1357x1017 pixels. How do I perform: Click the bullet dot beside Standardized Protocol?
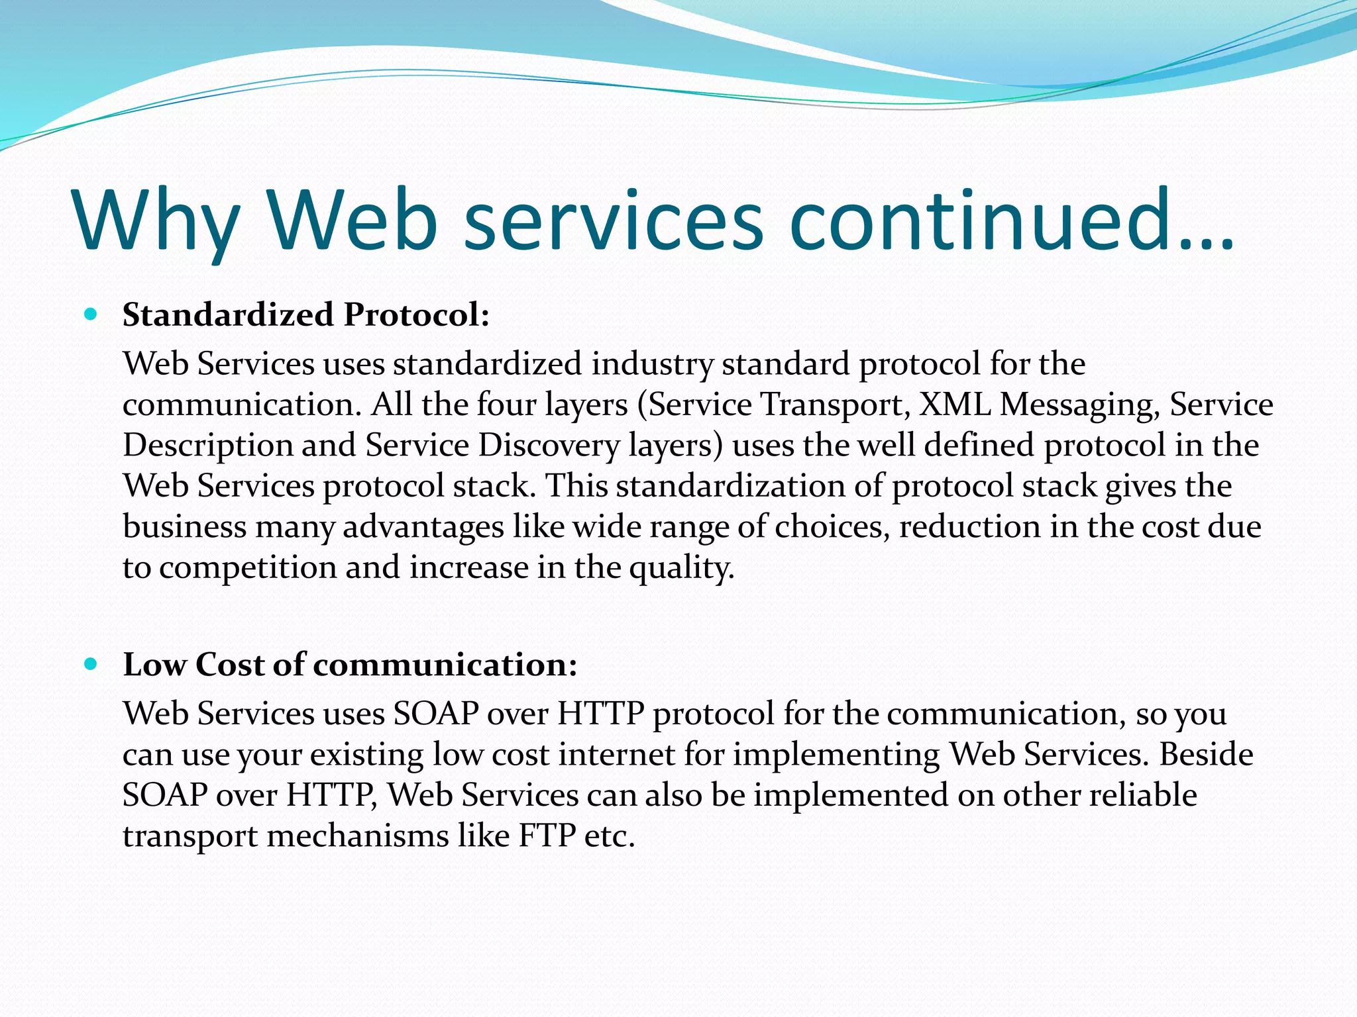point(91,314)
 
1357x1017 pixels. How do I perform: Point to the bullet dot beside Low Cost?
point(91,663)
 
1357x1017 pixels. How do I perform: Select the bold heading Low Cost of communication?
point(350,664)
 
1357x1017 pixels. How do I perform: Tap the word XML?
point(955,404)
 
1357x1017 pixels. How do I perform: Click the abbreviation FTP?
point(547,836)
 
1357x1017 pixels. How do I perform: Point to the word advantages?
point(423,528)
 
